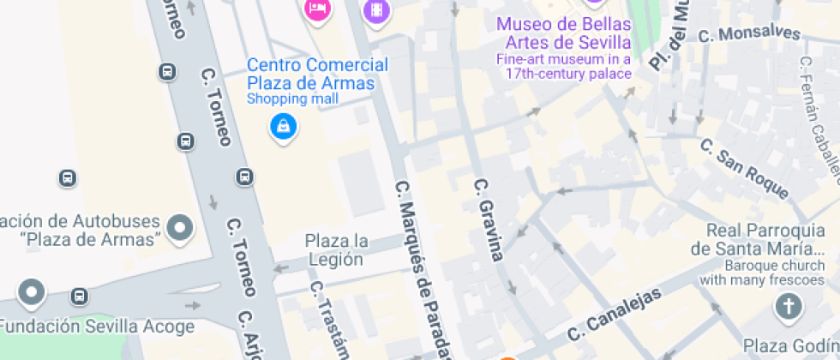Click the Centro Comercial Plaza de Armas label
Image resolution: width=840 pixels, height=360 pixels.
pos(317,75)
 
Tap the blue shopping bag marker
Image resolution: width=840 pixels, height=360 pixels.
pos(284,127)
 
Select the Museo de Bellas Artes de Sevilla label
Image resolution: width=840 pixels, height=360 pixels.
pos(564,33)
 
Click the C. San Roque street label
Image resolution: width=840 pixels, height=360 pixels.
pos(743,168)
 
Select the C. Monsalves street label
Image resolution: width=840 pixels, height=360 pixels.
pos(749,35)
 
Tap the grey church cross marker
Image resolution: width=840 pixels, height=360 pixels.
pos(787,306)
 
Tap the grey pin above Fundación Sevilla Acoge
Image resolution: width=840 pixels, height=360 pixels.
pos(33,292)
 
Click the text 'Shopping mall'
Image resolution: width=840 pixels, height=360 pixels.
pos(292,99)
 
